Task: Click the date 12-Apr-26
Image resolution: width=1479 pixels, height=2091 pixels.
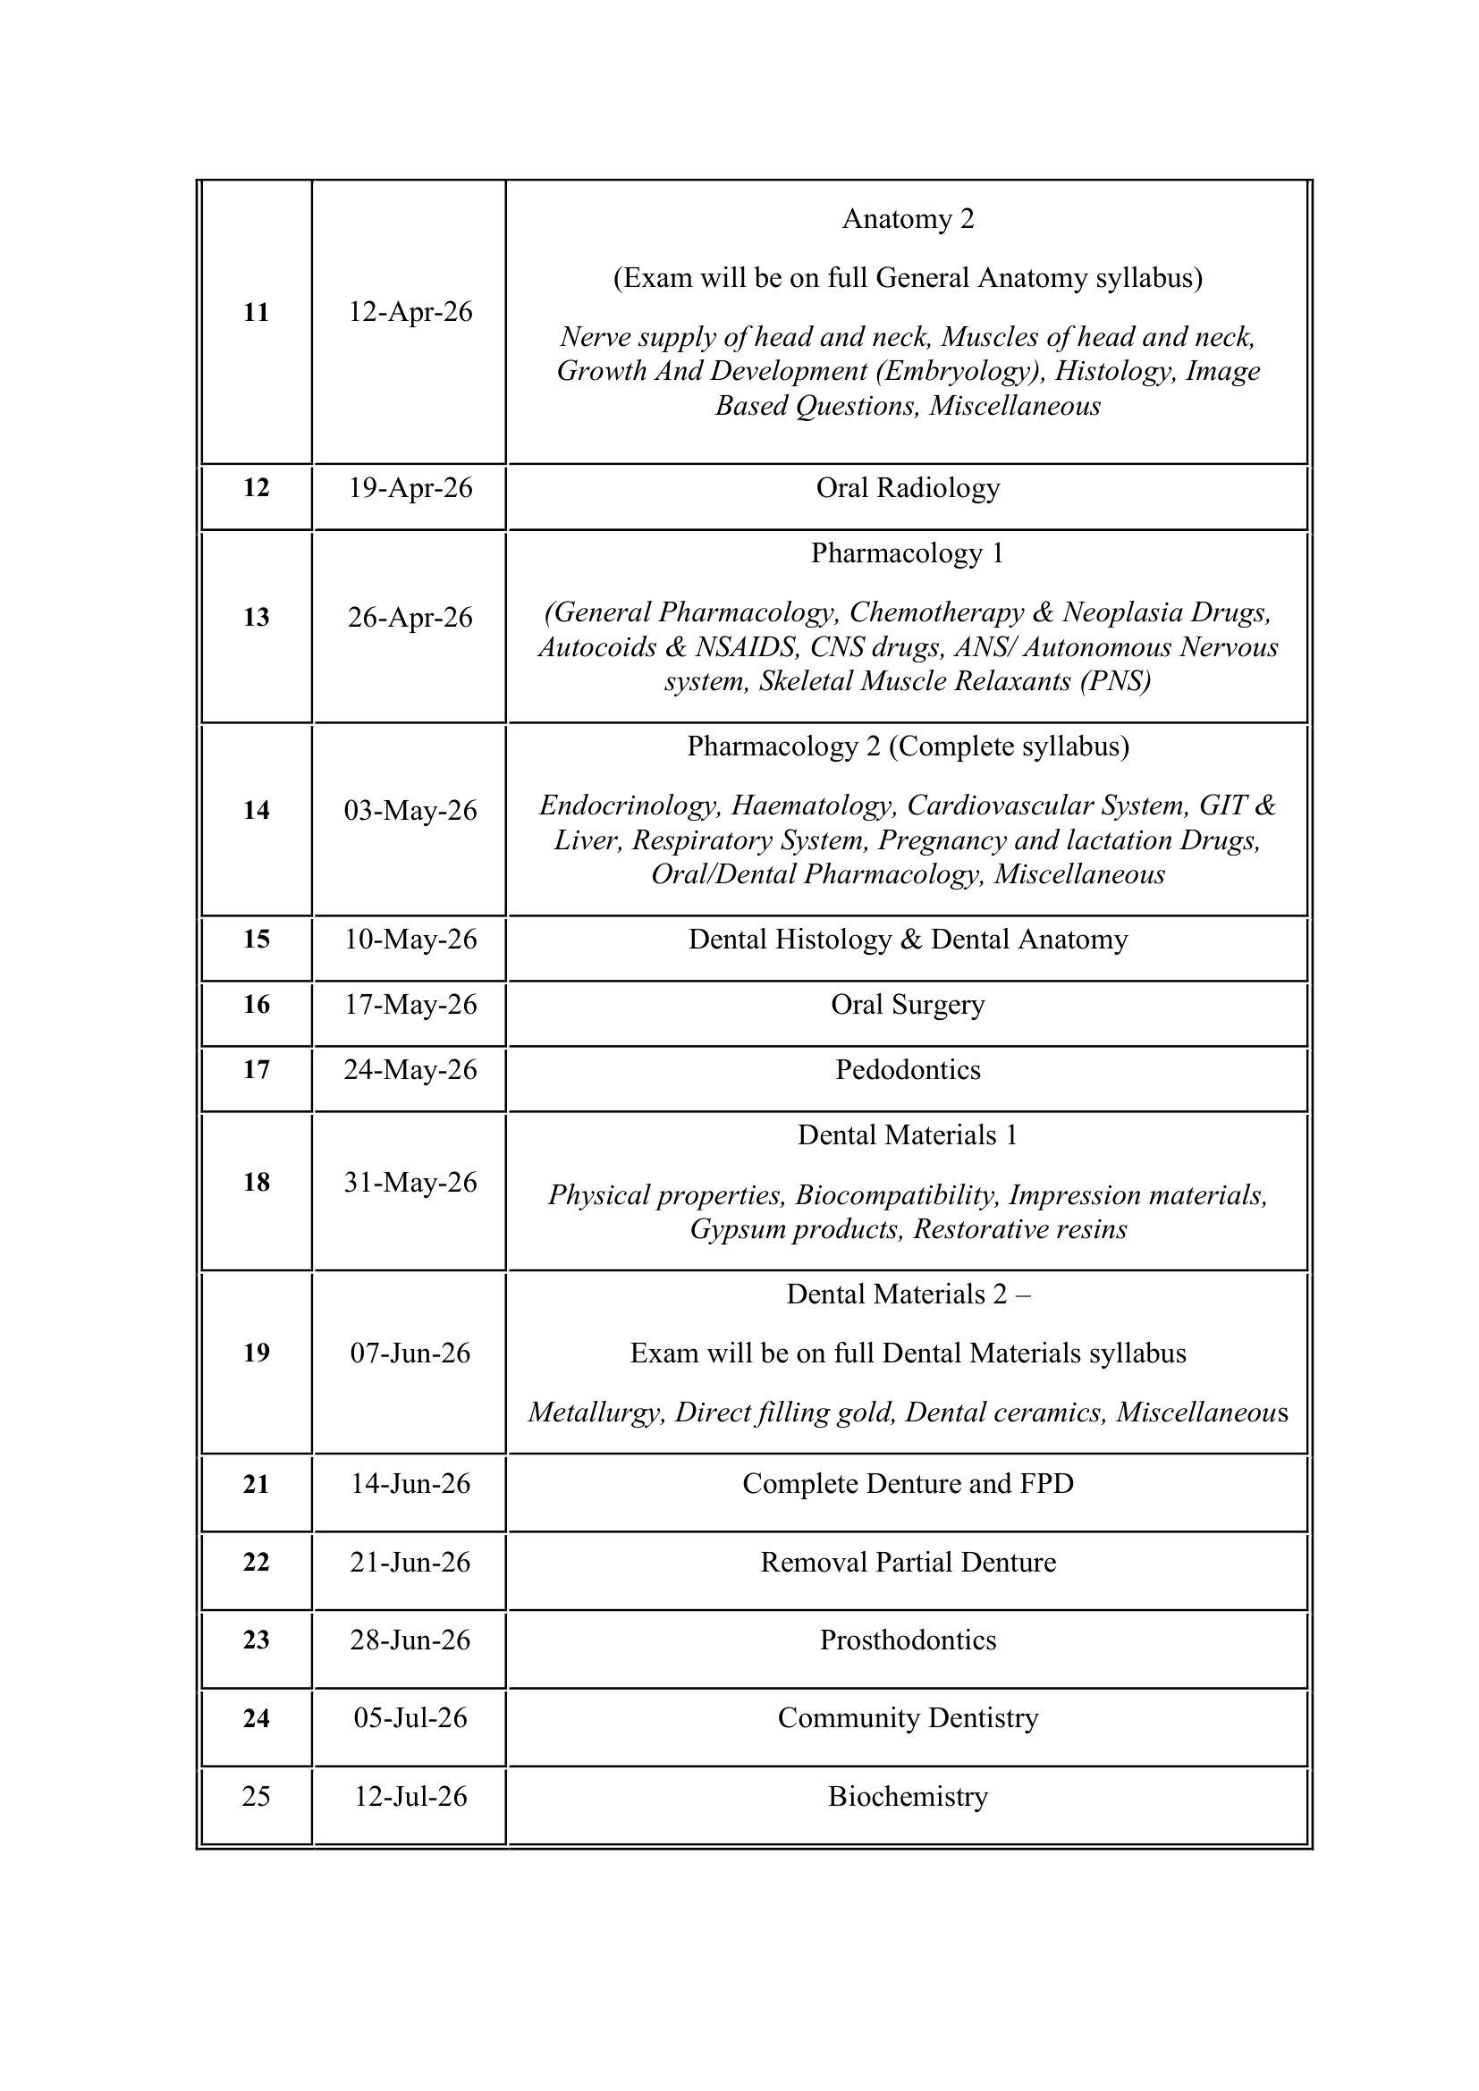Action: click(x=410, y=312)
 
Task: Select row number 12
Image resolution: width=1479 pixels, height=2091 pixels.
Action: click(x=256, y=488)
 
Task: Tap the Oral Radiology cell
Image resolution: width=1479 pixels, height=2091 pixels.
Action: click(x=907, y=488)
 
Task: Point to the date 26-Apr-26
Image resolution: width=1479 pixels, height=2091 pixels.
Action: click(x=410, y=618)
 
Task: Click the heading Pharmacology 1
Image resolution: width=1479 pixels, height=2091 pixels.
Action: click(x=907, y=553)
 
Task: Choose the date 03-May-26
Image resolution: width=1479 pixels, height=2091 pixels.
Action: click(x=410, y=811)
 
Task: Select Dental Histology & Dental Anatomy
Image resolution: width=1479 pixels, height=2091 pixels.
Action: click(x=907, y=940)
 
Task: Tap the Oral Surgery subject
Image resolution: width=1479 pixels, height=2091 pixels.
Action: click(x=907, y=1005)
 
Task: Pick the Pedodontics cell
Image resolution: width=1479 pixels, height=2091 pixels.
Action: click(x=907, y=1069)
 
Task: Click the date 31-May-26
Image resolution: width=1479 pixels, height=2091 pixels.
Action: click(x=410, y=1182)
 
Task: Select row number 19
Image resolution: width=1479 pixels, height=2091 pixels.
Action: click(x=256, y=1353)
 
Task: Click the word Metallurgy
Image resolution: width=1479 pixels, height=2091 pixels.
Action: click(x=596, y=1412)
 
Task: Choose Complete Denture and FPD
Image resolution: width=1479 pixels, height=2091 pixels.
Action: click(x=907, y=1484)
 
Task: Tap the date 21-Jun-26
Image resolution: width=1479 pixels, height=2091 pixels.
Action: click(x=410, y=1562)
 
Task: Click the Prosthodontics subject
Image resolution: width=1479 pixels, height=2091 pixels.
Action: click(x=907, y=1640)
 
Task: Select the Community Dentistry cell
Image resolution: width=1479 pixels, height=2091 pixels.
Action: click(x=907, y=1717)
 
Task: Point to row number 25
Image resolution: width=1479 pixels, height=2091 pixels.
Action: click(x=256, y=1796)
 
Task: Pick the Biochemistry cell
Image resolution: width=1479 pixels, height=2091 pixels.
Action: click(x=907, y=1796)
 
